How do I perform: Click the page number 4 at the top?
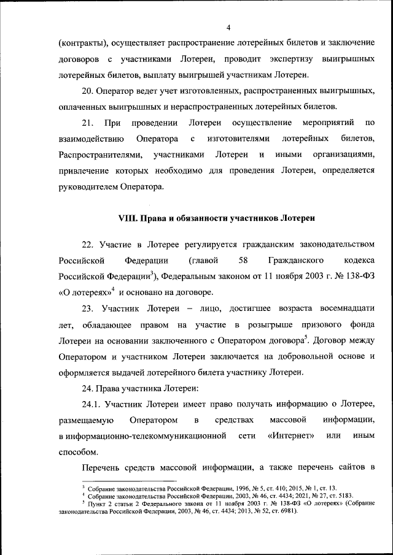228,28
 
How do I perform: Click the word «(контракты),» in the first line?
84,44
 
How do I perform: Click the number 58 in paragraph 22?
239,261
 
